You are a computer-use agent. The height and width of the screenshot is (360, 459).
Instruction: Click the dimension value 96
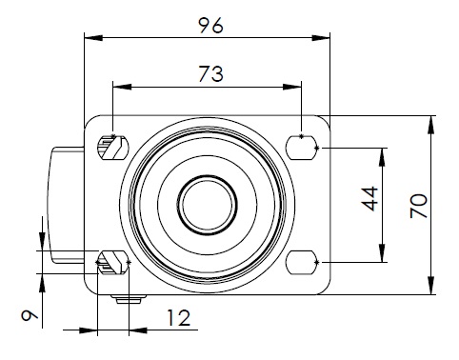(211, 26)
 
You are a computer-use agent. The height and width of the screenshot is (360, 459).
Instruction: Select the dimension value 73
(211, 74)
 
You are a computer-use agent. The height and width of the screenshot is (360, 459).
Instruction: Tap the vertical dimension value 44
(370, 199)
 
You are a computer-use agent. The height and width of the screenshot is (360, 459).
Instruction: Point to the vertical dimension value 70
(419, 206)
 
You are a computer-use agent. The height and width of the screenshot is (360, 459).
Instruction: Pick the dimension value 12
(179, 318)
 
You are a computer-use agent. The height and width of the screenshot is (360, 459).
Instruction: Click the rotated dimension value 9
(30, 315)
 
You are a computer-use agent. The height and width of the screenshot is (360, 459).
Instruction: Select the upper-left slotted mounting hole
(112, 148)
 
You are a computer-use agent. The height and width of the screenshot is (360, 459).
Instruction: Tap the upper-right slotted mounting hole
(302, 148)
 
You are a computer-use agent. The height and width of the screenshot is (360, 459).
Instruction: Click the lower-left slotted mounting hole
(112, 262)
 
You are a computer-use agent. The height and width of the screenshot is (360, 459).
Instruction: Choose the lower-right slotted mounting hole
(302, 262)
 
